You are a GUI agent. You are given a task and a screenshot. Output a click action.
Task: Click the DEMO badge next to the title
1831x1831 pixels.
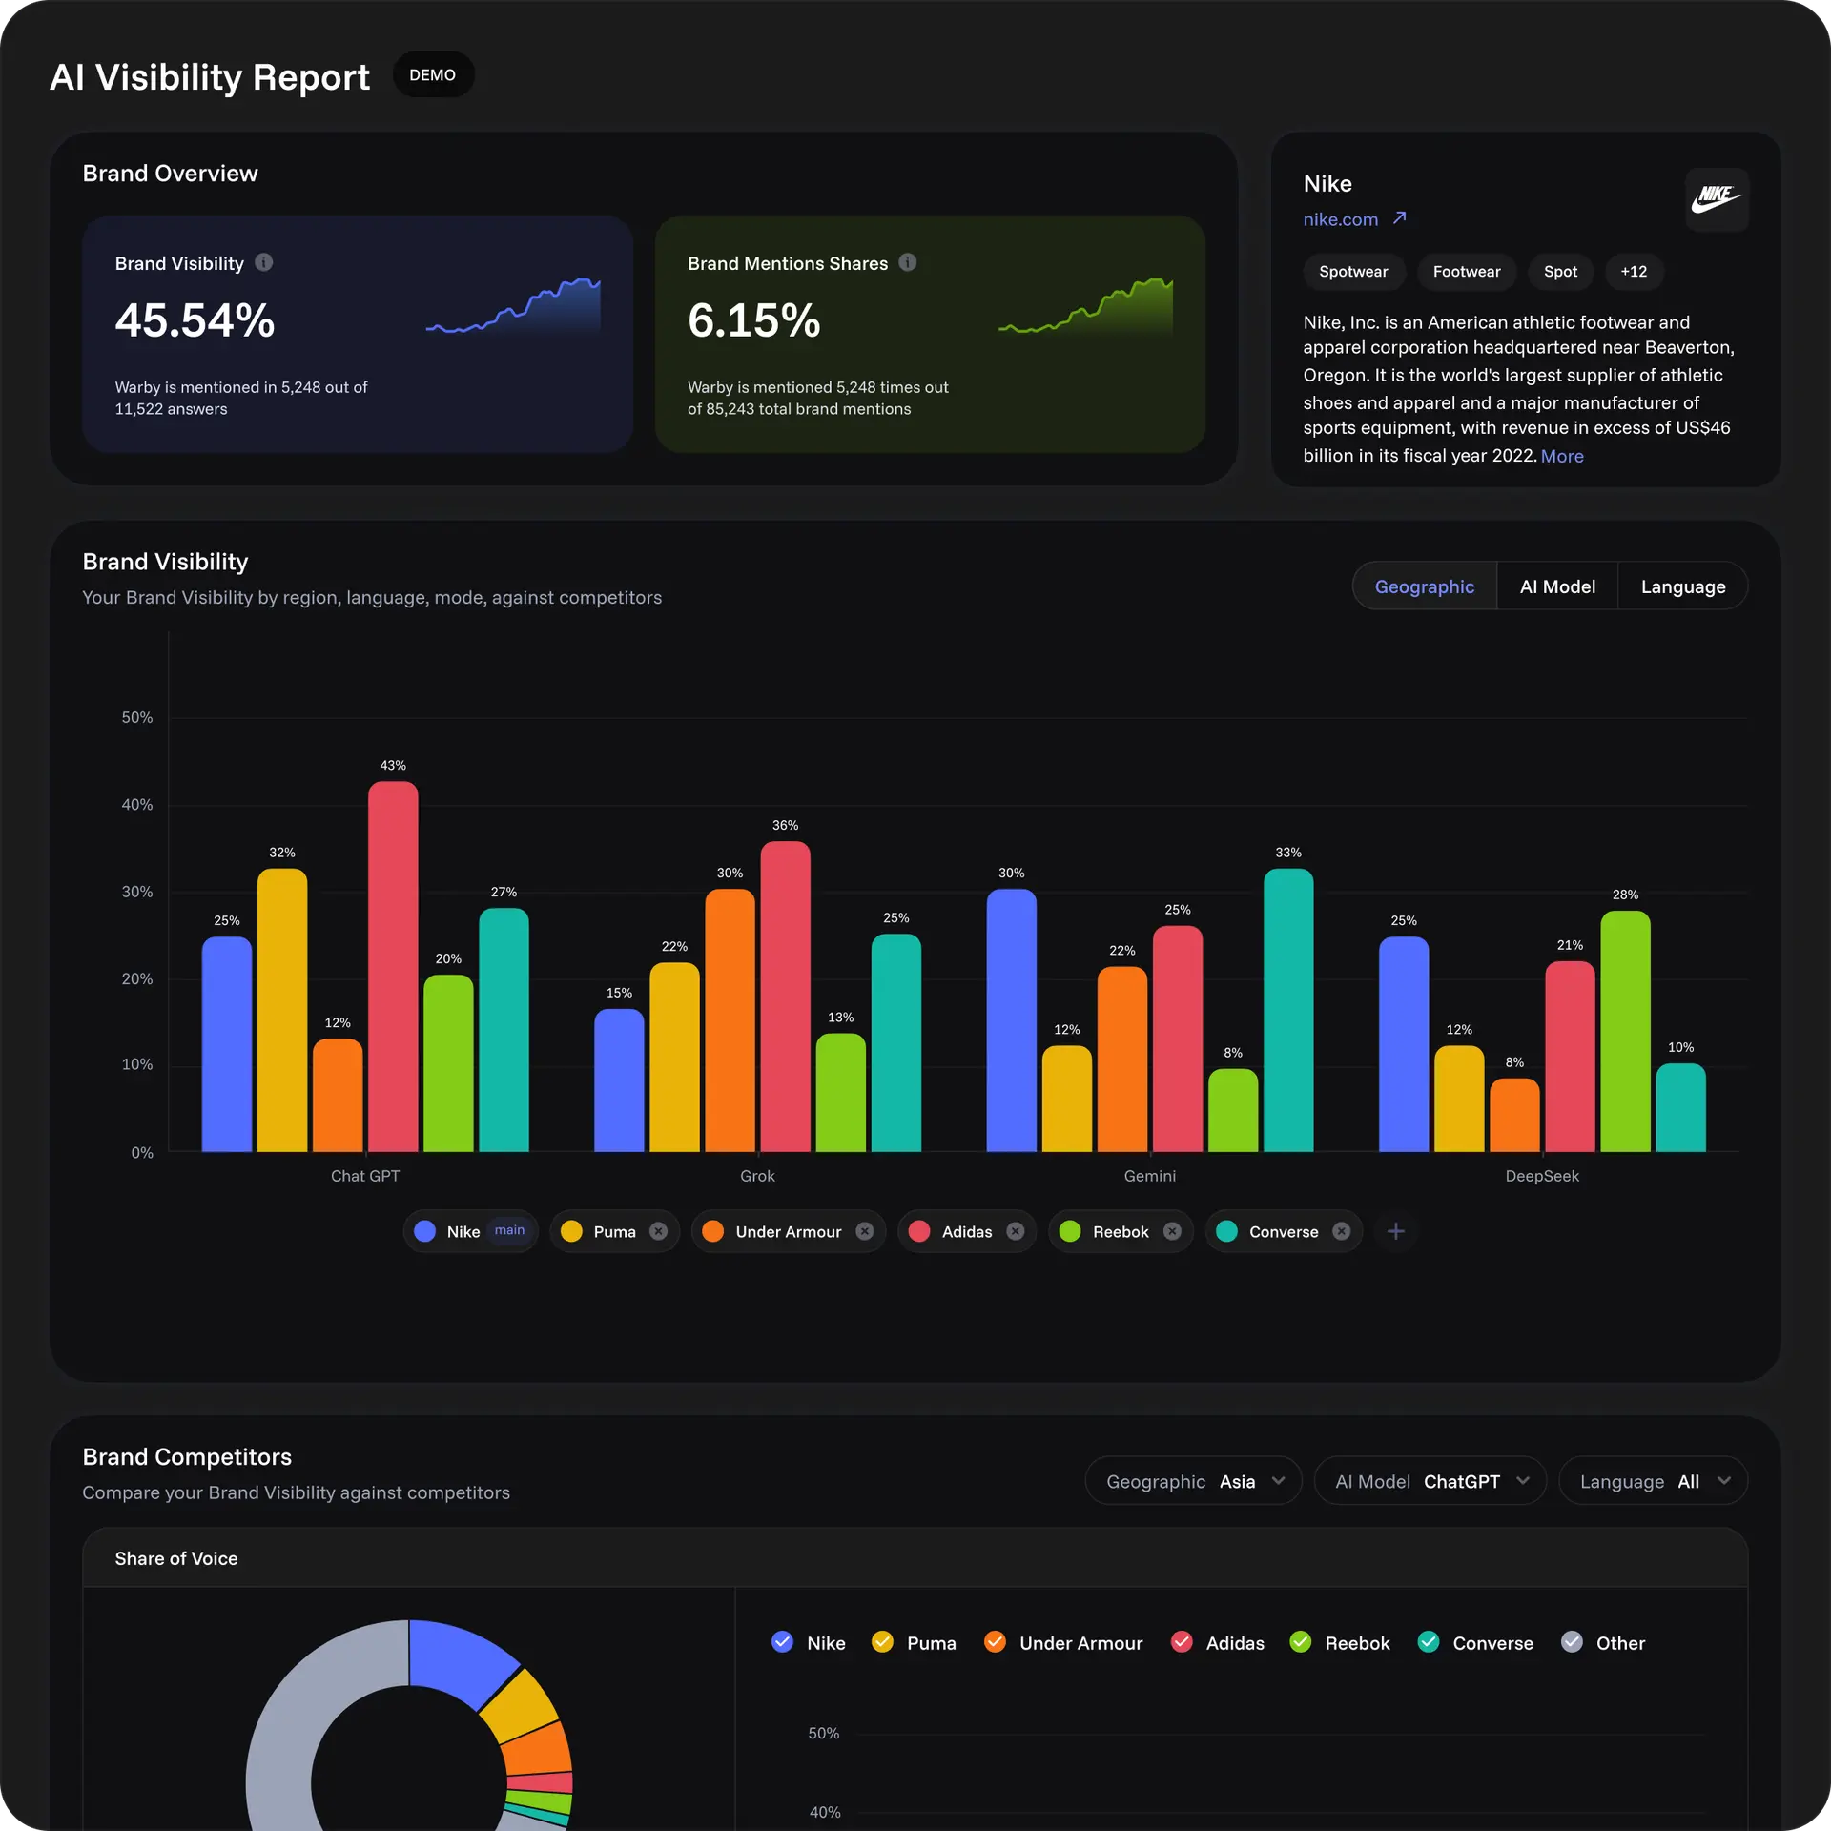point(432,74)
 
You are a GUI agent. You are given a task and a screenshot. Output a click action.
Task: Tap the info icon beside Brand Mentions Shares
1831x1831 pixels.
point(908,262)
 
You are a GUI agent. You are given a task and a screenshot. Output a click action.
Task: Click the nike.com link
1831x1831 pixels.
point(1341,219)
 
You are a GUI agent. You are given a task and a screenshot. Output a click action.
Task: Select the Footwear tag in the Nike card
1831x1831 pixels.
point(1466,272)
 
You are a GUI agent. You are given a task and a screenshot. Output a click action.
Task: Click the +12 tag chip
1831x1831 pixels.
point(1633,272)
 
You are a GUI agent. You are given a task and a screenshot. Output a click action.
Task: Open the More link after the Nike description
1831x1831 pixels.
point(1561,456)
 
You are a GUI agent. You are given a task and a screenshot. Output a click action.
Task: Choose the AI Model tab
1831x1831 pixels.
point(1556,586)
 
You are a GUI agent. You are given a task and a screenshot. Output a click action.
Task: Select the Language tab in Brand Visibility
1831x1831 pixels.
point(1682,586)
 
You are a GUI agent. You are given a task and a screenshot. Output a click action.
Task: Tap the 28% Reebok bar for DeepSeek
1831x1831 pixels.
point(1624,1030)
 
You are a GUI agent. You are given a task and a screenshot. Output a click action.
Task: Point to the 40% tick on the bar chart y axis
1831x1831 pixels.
point(137,805)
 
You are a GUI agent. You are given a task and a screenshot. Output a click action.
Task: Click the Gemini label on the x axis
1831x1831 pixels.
point(1149,1176)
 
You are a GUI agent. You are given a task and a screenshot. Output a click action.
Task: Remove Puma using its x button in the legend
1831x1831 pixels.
point(658,1231)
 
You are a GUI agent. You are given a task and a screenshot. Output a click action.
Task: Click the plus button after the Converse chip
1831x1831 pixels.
point(1395,1231)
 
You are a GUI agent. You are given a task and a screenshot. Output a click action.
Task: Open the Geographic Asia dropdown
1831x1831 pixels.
point(1193,1481)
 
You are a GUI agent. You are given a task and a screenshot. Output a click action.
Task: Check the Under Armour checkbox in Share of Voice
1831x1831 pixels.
point(995,1641)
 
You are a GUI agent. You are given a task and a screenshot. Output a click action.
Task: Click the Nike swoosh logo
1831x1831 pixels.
point(1716,198)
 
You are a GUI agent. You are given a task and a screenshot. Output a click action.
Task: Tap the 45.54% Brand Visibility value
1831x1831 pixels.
point(195,320)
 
